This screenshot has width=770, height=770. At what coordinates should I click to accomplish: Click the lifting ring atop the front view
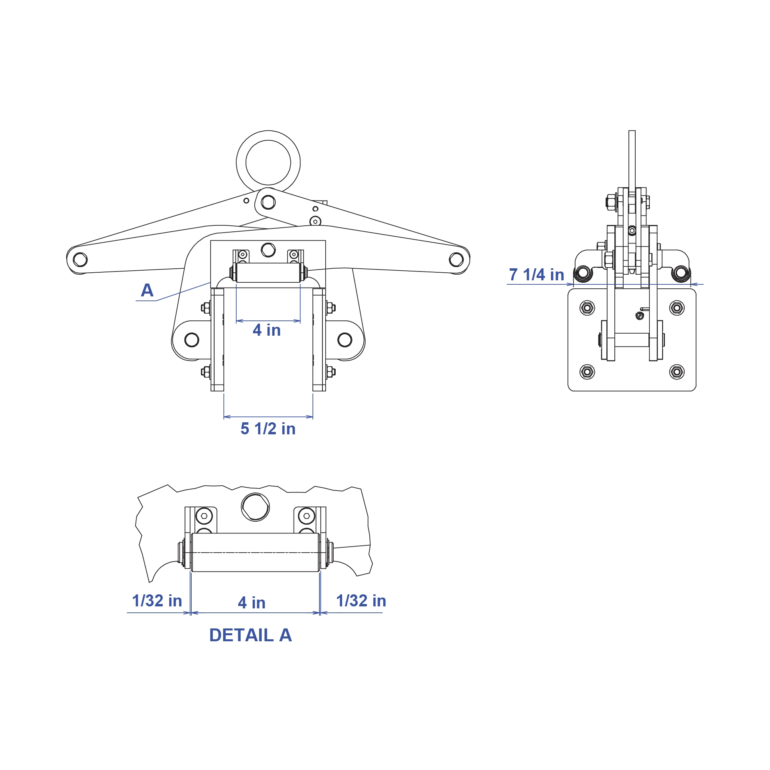tap(268, 139)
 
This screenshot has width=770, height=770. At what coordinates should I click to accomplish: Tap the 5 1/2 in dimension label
tap(268, 429)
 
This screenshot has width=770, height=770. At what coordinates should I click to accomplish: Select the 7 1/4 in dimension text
tap(537, 275)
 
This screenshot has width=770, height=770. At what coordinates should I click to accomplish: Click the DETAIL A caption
tap(251, 635)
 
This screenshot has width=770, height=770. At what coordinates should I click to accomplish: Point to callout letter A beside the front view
tap(147, 290)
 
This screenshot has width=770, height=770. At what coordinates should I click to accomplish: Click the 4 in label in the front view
tap(267, 330)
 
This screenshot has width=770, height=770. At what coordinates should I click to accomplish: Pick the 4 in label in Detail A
tap(251, 602)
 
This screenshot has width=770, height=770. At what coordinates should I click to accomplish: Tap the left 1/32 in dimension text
tap(157, 601)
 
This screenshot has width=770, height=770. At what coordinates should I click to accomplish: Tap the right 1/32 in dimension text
tap(361, 601)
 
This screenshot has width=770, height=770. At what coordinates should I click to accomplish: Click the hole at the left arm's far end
tap(80, 259)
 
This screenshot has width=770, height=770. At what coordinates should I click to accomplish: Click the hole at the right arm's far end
tap(456, 259)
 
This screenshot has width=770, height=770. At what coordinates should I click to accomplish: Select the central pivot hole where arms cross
tap(268, 202)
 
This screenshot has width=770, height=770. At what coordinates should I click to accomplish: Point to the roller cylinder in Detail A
tap(255, 552)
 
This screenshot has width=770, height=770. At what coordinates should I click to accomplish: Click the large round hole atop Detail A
tap(255, 507)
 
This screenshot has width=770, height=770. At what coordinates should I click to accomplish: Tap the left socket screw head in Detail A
tap(205, 516)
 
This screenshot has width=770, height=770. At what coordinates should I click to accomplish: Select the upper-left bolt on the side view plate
tap(587, 308)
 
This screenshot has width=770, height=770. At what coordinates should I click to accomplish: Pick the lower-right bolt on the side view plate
tap(677, 372)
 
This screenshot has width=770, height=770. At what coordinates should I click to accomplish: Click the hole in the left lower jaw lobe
tap(192, 340)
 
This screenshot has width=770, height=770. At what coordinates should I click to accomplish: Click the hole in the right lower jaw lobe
tap(345, 340)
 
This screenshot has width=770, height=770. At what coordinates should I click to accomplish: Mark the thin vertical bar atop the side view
tap(632, 160)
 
